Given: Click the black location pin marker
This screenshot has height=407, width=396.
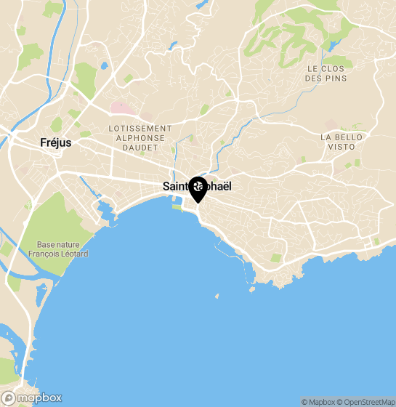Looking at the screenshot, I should point(198,189).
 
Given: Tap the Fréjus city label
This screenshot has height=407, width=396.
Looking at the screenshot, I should point(56,143).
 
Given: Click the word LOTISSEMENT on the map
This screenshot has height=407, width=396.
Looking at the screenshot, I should point(140,128).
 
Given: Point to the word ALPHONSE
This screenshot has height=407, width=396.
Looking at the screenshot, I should point(140,137).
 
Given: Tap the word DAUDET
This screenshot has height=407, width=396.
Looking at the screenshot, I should point(140,147).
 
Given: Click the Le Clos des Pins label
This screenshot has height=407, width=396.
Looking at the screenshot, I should point(326,73).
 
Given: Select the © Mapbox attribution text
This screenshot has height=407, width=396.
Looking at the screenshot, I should point(318,402).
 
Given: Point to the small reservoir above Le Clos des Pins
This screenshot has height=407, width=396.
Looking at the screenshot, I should point(334,44).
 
